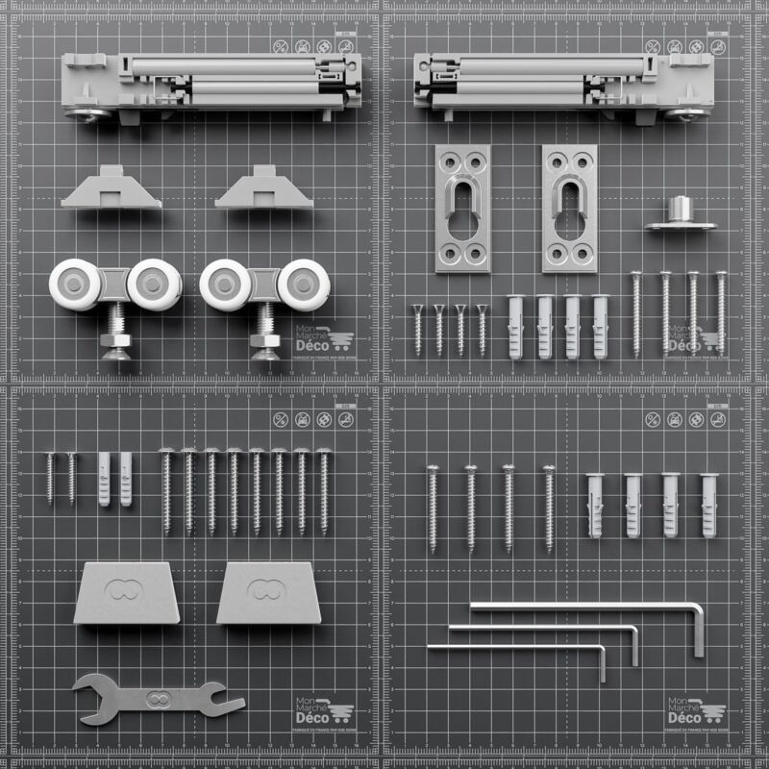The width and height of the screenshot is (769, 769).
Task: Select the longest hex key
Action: (x=586, y=607)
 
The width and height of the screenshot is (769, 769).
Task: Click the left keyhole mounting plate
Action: (x=462, y=208)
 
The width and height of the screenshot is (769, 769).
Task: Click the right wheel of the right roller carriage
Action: (x=303, y=284)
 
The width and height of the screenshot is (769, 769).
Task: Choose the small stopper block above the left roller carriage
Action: (x=112, y=189)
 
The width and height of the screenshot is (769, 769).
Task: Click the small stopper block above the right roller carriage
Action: (x=264, y=189)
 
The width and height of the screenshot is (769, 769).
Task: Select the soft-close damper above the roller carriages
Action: (x=211, y=84)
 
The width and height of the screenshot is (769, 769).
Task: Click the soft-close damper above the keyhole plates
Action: (x=563, y=84)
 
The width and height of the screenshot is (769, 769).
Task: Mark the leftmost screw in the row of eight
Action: (x=166, y=491)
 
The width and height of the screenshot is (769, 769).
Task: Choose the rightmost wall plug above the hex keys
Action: (x=709, y=504)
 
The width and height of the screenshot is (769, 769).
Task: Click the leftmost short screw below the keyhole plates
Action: (x=418, y=330)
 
